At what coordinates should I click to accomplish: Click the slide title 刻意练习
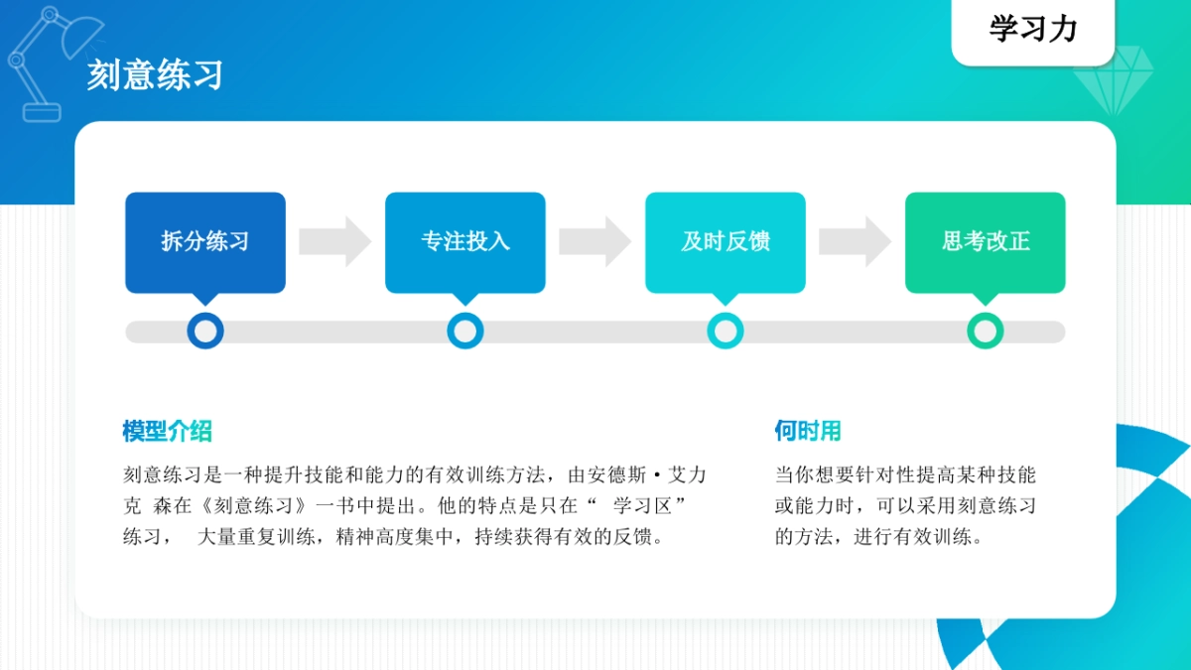(x=155, y=75)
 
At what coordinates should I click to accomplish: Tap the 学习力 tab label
(x=1033, y=30)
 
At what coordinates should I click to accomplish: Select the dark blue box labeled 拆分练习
(x=205, y=241)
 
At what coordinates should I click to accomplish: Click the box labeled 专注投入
(x=465, y=241)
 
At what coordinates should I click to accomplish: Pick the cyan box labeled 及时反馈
(x=726, y=241)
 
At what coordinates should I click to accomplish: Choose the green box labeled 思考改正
(x=986, y=241)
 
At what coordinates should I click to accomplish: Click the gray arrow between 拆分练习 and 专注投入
(x=335, y=241)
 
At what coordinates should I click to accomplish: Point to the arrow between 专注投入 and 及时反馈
(x=595, y=241)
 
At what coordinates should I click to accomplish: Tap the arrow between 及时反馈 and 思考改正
(x=856, y=241)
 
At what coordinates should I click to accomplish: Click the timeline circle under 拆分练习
(x=205, y=331)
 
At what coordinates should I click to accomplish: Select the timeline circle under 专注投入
(x=465, y=331)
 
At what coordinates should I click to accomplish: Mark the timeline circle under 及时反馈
(x=726, y=331)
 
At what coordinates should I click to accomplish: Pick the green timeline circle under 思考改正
(x=986, y=331)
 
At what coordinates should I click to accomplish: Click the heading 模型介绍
(x=167, y=431)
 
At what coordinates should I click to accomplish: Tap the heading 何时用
(x=808, y=431)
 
